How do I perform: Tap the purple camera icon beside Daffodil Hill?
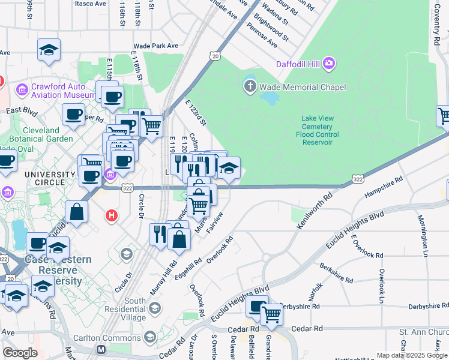coord(328,63)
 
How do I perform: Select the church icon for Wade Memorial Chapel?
coord(250,87)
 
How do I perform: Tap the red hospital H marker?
coord(110,215)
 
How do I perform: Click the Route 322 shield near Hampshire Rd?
coord(357,179)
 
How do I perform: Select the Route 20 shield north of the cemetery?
coord(214,56)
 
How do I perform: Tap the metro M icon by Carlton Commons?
coord(101,349)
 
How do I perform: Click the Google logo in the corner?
coord(20,353)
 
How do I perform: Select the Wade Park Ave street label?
coord(156,46)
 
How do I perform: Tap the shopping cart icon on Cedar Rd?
coord(272,314)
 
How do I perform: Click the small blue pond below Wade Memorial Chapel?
coord(271,98)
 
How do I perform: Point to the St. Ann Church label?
coord(424,332)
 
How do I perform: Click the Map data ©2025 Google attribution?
coord(412,355)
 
